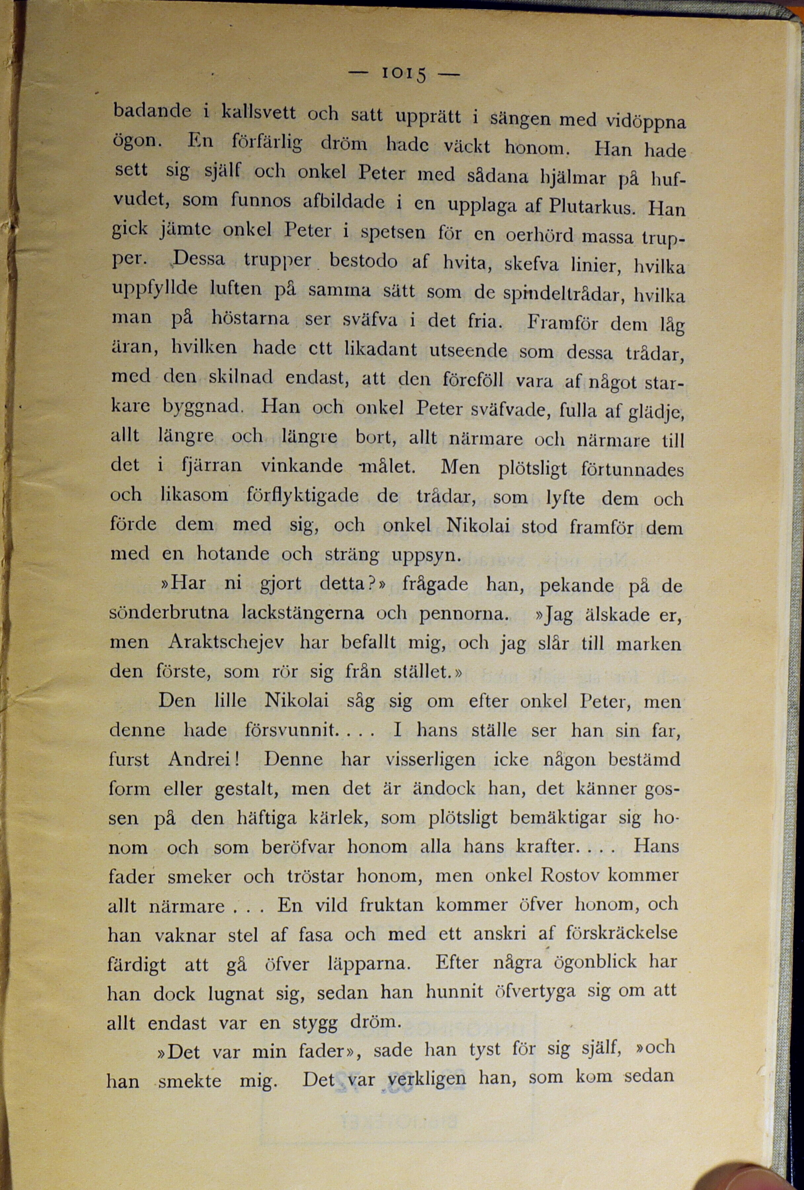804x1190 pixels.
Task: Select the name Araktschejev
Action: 226,643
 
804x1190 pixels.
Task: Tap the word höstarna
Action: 250,320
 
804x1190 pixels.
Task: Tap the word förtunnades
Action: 632,469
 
